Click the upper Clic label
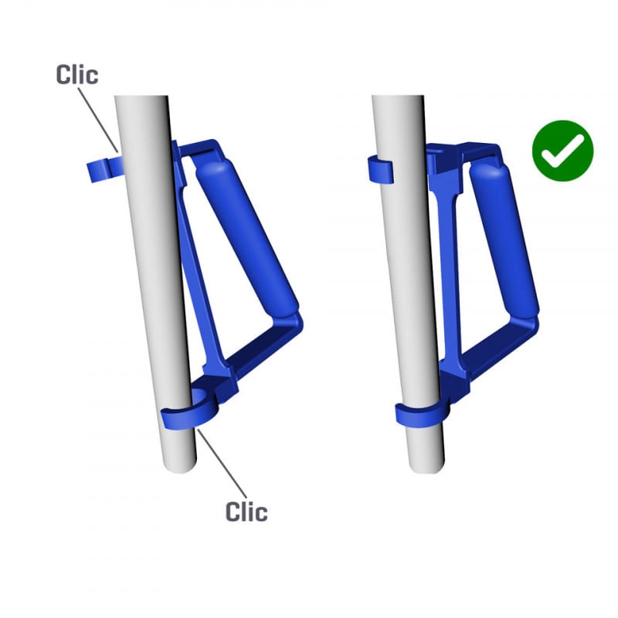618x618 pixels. coord(77,74)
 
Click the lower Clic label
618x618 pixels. coord(246,511)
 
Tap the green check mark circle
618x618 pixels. coord(562,151)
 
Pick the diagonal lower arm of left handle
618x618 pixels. coord(263,352)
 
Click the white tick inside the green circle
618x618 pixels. coord(562,152)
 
